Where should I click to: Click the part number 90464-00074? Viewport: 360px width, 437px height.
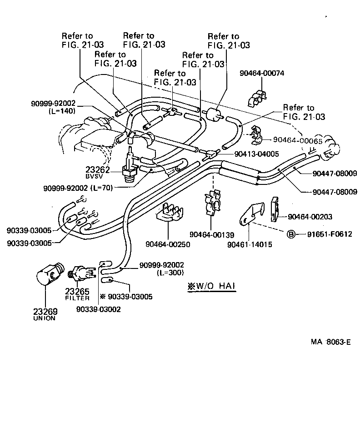click(262, 73)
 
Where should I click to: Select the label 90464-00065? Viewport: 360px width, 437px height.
click(297, 141)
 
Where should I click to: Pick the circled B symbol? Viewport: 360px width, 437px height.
click(291, 234)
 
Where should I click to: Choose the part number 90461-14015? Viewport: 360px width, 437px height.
click(249, 244)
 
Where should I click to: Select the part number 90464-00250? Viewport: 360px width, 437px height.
click(168, 244)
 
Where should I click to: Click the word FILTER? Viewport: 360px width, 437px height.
click(77, 298)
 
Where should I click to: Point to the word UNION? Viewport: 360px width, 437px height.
click(44, 318)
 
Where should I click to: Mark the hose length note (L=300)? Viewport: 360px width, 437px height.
click(170, 273)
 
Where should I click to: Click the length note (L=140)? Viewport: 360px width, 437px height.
click(61, 110)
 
